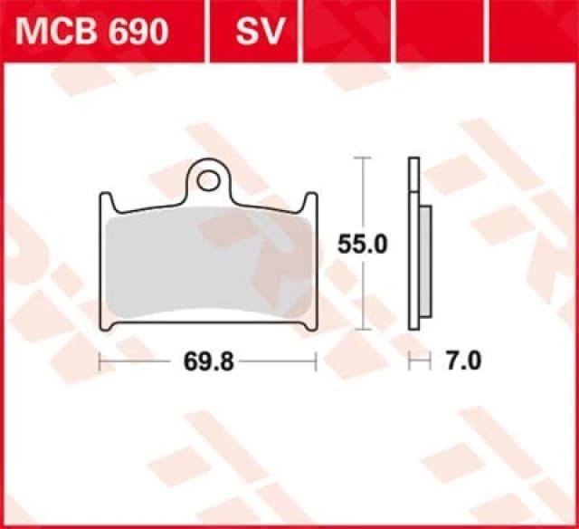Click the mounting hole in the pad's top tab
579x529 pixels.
pyautogui.click(x=207, y=180)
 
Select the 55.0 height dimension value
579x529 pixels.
pyautogui.click(x=362, y=245)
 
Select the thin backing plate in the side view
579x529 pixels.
pyautogui.click(x=413, y=245)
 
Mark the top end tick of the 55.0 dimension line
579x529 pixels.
pyautogui.click(x=362, y=158)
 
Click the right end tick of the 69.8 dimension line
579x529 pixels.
pyautogui.click(x=316, y=362)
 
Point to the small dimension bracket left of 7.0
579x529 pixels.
pyautogui.click(x=418, y=362)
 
